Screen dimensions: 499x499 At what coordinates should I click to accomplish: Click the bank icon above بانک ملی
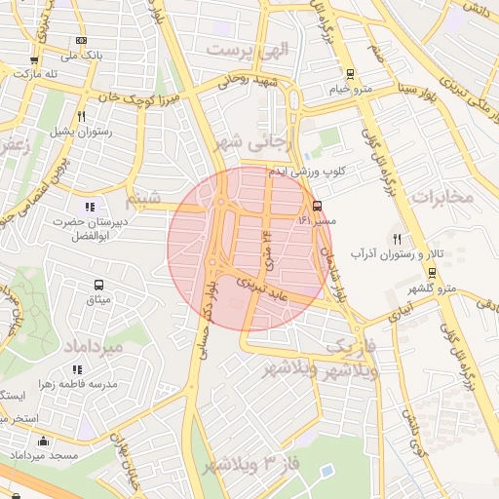click(x=81, y=40)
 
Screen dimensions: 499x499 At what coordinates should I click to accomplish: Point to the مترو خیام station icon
click(x=350, y=74)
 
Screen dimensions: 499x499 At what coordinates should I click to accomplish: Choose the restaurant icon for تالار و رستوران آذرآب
click(x=397, y=239)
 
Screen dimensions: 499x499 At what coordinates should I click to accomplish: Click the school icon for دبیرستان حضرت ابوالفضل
click(x=91, y=207)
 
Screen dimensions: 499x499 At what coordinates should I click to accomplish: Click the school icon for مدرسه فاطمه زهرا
click(x=77, y=369)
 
